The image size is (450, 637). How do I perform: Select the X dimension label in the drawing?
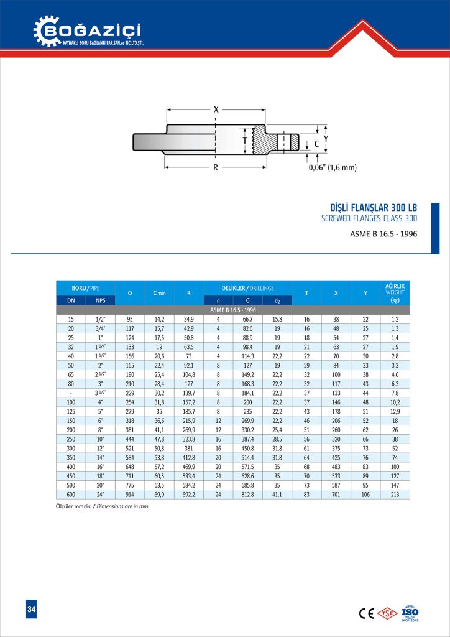click(x=216, y=109)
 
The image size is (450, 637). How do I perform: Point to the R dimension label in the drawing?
click(x=215, y=167)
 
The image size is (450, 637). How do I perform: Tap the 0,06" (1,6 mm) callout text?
click(x=333, y=167)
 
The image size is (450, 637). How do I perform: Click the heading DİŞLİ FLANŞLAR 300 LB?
click(x=373, y=207)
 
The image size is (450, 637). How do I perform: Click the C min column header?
click(x=159, y=292)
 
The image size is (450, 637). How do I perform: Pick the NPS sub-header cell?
click(x=100, y=300)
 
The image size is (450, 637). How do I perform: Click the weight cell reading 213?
click(x=395, y=494)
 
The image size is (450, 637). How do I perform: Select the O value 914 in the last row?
click(x=129, y=494)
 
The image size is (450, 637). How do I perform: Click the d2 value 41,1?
click(x=277, y=494)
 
